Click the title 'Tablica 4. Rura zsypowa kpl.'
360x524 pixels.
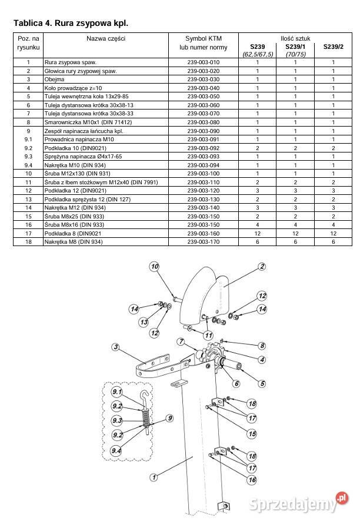71,23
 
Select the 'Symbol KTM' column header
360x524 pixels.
204,38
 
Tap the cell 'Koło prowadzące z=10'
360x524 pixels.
73,88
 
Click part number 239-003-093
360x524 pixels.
204,157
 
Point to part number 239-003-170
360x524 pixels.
204,241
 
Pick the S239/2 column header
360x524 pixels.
333,47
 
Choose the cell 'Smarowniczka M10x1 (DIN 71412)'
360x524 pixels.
88,122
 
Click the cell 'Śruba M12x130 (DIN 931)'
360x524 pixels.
77,174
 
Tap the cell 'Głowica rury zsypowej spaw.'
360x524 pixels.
81,71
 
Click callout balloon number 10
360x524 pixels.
154,266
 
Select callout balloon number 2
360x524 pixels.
262,266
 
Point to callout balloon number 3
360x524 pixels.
115,347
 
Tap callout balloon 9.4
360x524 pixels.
116,451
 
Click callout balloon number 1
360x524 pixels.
154,477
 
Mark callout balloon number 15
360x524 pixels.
252,434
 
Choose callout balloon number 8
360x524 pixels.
262,346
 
